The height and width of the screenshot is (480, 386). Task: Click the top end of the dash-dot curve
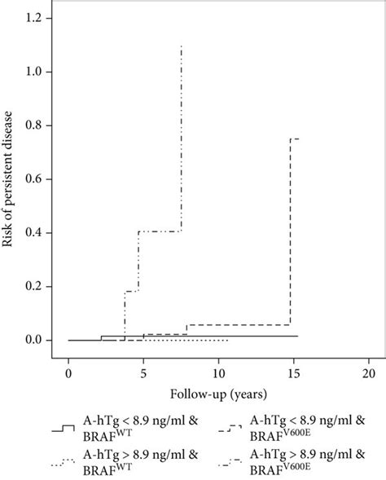click(x=181, y=46)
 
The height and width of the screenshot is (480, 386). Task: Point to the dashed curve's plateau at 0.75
click(x=296, y=139)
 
